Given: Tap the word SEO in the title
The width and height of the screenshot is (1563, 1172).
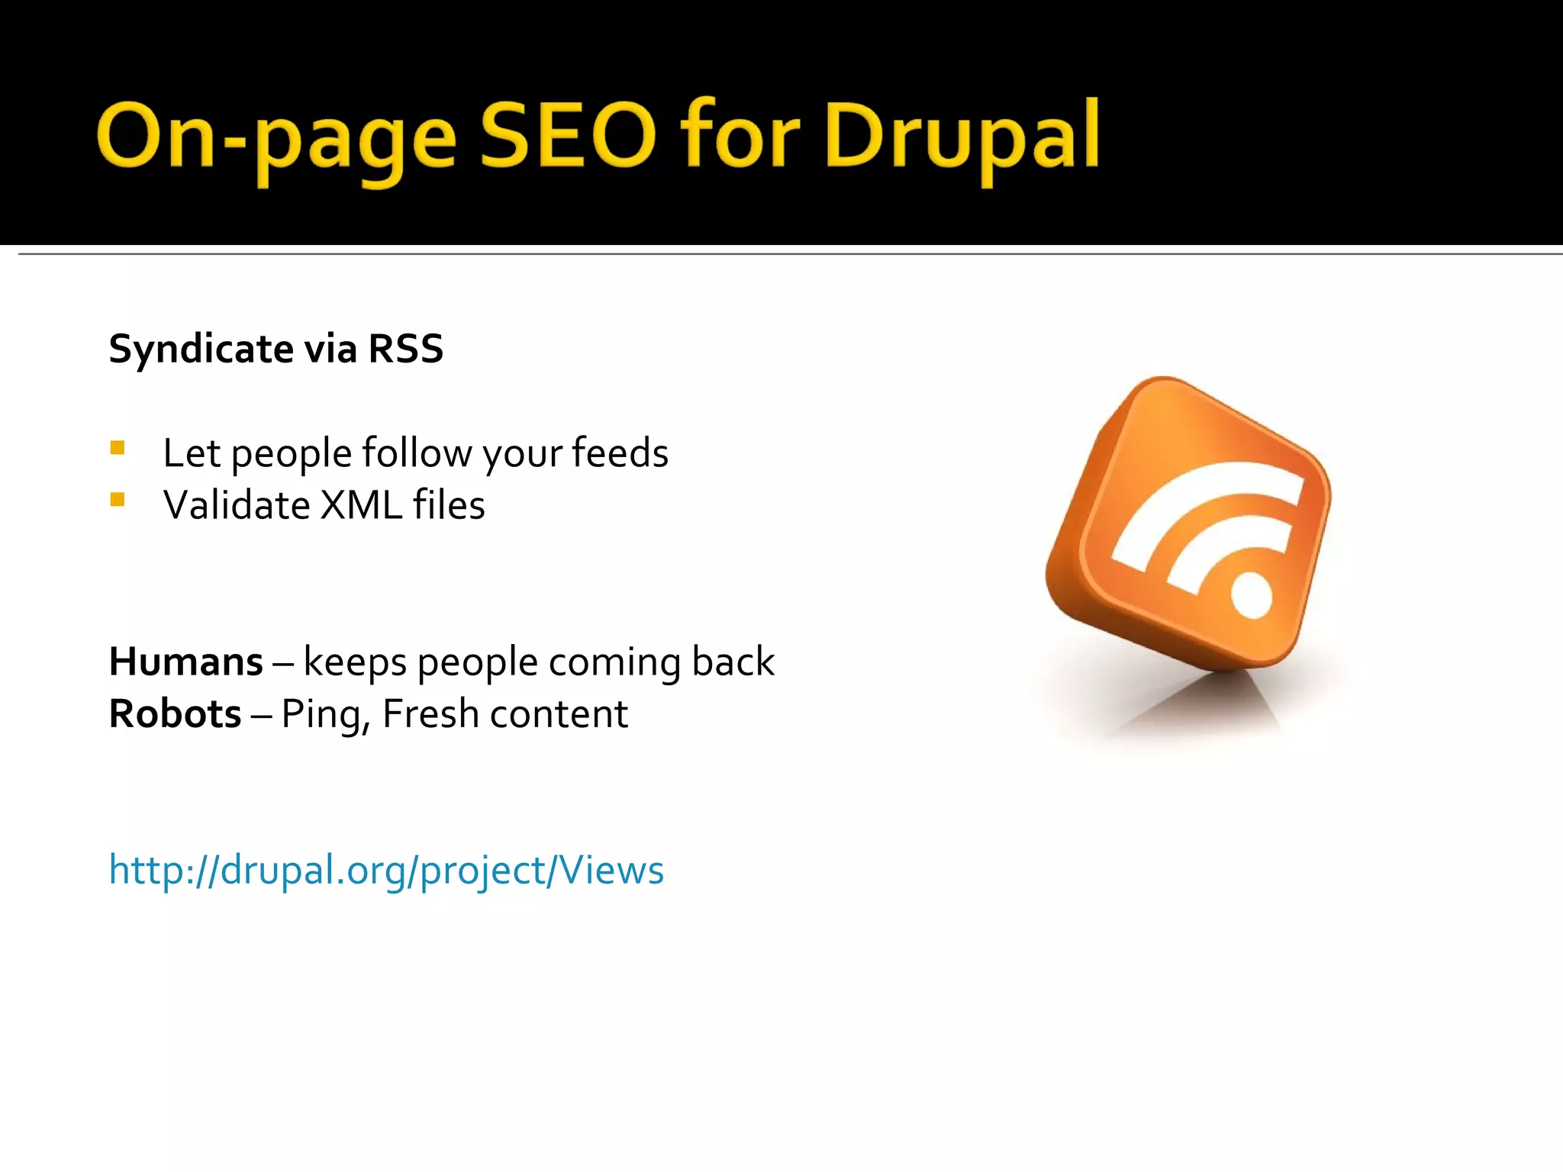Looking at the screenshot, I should pos(568,136).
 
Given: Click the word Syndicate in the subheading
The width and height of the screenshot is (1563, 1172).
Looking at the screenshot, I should pos(201,349).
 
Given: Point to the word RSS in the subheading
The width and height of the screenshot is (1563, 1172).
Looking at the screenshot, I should pos(405,349).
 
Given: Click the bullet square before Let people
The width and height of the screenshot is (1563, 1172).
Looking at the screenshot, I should pos(118,448).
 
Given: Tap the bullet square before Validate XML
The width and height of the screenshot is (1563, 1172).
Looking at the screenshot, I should pos(118,500).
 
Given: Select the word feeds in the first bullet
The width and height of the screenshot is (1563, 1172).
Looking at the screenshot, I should pos(620,452).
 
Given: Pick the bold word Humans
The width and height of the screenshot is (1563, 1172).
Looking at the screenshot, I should pos(186,662).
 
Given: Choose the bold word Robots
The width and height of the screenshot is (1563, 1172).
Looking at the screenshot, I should pos(176,714).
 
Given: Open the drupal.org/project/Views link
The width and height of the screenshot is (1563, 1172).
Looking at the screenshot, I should pos(386,870).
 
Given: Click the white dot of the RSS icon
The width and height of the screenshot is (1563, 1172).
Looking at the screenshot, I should pos(1252,595).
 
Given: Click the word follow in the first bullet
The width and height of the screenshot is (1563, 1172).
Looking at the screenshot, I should pos(417,453).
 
